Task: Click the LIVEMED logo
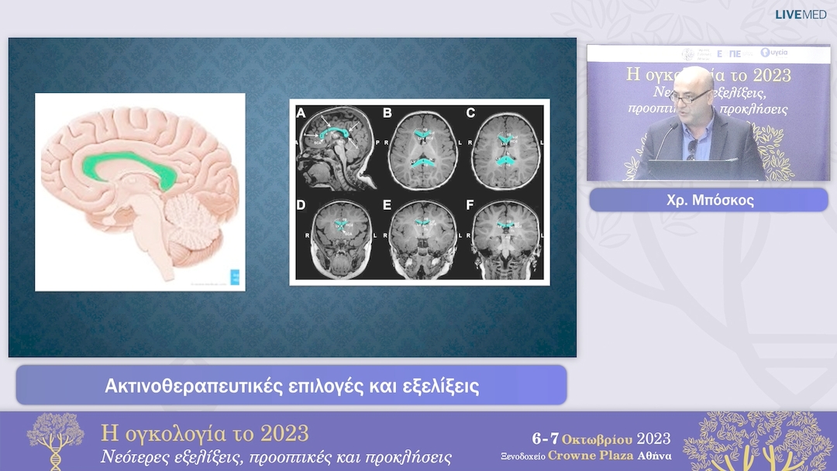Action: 801,14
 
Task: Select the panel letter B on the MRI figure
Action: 387,113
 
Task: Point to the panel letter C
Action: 470,113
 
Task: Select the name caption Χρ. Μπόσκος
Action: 708,200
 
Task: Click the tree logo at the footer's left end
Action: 55,439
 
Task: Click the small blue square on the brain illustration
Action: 235,277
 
